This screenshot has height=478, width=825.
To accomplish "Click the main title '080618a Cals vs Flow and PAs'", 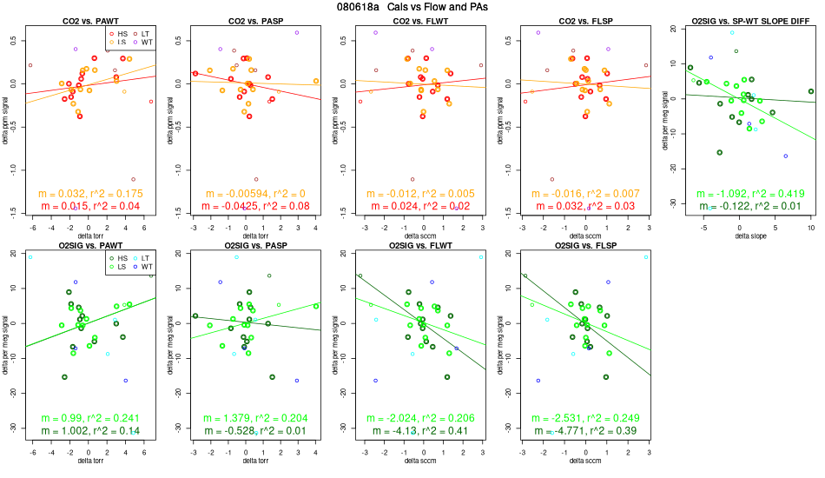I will tap(412, 7).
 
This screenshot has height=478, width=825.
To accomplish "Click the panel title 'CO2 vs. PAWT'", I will tap(90, 20).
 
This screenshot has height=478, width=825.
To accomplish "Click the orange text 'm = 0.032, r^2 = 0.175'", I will tap(90, 193).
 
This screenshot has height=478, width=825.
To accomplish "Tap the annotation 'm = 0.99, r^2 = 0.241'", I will tap(90, 418).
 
